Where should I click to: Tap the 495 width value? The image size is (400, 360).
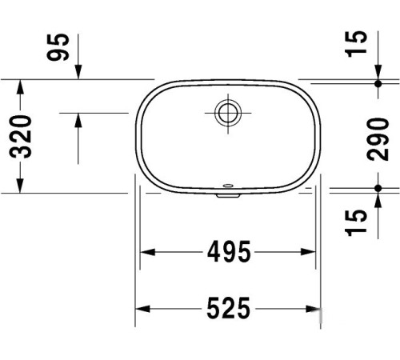point(230,252)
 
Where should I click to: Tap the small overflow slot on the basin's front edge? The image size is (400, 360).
point(227,191)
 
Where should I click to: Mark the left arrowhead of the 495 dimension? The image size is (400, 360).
point(148,252)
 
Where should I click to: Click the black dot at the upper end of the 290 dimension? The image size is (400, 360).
point(378,83)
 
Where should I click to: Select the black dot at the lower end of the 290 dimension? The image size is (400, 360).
point(378,188)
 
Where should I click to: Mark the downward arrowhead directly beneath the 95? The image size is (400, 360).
point(78,73)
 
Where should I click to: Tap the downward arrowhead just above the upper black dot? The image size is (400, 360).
point(378,73)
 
